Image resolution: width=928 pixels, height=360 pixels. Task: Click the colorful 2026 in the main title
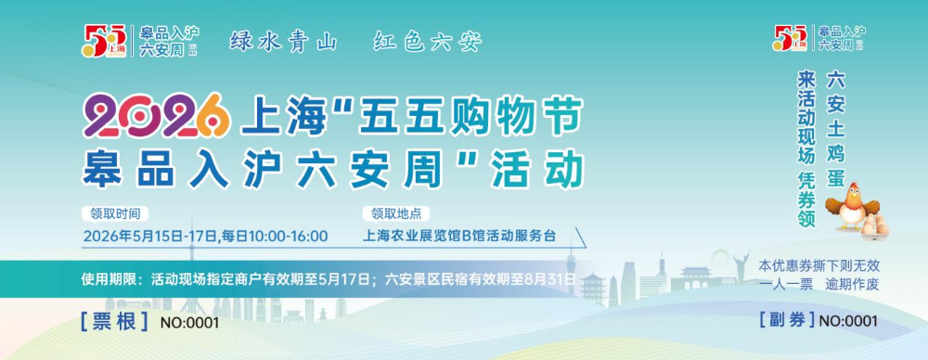pyautogui.click(x=156, y=116)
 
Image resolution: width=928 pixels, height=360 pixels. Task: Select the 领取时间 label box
pyautogui.click(x=115, y=213)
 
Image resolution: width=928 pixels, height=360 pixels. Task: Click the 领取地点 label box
pyautogui.click(x=396, y=213)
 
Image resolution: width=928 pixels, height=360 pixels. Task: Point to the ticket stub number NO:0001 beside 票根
pyautogui.click(x=189, y=323)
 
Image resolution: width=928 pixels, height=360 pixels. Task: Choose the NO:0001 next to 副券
pyautogui.click(x=848, y=321)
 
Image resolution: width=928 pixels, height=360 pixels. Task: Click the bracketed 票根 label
pyautogui.click(x=114, y=322)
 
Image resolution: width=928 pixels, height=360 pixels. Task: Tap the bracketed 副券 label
pyautogui.click(x=787, y=320)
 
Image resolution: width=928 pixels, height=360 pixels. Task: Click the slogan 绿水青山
pyautogui.click(x=283, y=42)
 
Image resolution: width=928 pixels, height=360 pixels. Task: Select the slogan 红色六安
pyautogui.click(x=428, y=42)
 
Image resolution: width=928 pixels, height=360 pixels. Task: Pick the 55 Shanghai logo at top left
pyautogui.click(x=104, y=41)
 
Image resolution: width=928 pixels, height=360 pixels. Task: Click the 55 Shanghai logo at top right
pyautogui.click(x=790, y=38)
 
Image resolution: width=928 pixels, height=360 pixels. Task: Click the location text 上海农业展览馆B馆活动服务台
pyautogui.click(x=459, y=236)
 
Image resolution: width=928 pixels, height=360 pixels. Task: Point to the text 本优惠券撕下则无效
pyautogui.click(x=819, y=265)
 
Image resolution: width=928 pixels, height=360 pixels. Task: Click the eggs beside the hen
pyautogui.click(x=874, y=226)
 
